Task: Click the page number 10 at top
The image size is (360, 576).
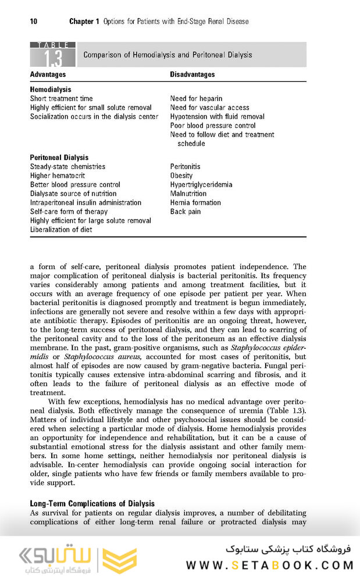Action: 34,22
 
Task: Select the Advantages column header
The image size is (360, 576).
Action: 48,74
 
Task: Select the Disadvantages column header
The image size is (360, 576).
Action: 193,74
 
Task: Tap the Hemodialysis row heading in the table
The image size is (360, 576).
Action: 51,90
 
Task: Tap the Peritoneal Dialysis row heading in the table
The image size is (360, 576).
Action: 59,158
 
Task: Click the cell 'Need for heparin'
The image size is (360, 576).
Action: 196,99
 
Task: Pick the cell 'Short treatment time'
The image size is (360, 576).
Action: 62,99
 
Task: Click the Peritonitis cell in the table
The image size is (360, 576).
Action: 185,167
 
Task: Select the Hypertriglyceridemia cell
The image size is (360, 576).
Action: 201,185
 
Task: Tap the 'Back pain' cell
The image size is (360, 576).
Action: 186,212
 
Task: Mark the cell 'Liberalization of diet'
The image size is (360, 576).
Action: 61,230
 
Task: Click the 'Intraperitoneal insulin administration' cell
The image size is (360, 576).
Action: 85,203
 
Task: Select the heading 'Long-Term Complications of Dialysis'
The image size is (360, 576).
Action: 92,503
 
